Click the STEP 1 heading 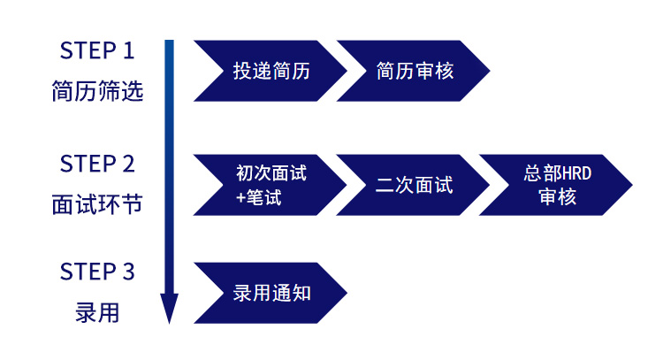(97, 50)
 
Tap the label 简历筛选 (97, 91)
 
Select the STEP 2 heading (97, 164)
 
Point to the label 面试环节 (97, 204)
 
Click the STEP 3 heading (97, 272)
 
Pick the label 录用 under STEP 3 (97, 312)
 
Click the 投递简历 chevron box (271, 71)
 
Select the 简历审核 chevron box (413, 71)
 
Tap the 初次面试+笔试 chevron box (271, 185)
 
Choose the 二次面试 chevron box (413, 185)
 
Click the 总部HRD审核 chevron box (556, 185)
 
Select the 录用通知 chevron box (271, 293)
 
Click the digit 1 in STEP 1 (129, 50)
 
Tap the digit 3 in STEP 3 (128, 272)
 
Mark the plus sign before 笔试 (240, 197)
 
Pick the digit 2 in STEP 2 (128, 164)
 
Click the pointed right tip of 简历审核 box (490, 71)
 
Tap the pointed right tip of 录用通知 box (347, 293)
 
